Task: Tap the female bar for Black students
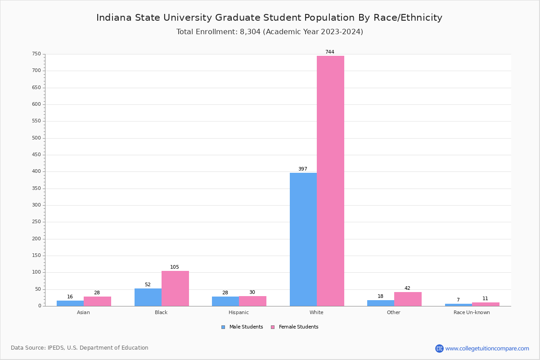coord(175,288)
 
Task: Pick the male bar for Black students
coord(148,297)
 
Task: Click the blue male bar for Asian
coord(70,303)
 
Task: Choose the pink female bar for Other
coord(408,299)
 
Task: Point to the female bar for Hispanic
coord(252,301)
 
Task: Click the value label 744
coord(330,52)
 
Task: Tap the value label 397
coord(303,169)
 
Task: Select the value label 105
coord(175,267)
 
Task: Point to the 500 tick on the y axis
coord(36,138)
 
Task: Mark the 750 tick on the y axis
coord(36,54)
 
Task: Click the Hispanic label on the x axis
coord(238,312)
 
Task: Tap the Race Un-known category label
coord(472,312)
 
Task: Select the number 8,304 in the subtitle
coord(250,32)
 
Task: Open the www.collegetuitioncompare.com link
coord(487,348)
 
